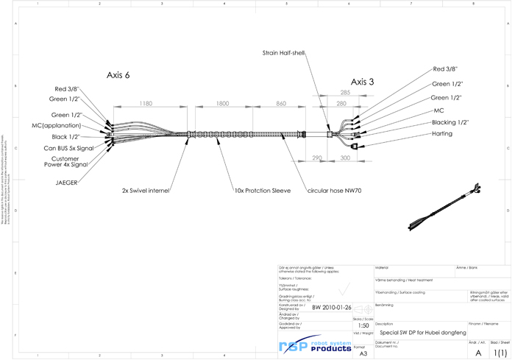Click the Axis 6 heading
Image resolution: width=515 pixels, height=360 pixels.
[x=118, y=75]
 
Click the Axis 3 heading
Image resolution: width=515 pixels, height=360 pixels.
[x=363, y=82]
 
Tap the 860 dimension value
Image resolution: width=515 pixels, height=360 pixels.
[x=281, y=104]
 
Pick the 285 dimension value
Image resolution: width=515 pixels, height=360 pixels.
[x=345, y=93]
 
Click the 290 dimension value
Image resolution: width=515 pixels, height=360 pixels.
[x=317, y=158]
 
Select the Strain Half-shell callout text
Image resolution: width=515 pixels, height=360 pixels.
[x=283, y=53]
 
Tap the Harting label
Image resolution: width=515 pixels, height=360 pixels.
[x=442, y=134]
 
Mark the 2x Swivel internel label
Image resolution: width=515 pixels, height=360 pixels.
[x=146, y=191]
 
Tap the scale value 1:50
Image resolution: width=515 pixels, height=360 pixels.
[x=363, y=325]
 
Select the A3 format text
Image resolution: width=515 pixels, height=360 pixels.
[x=363, y=353]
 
